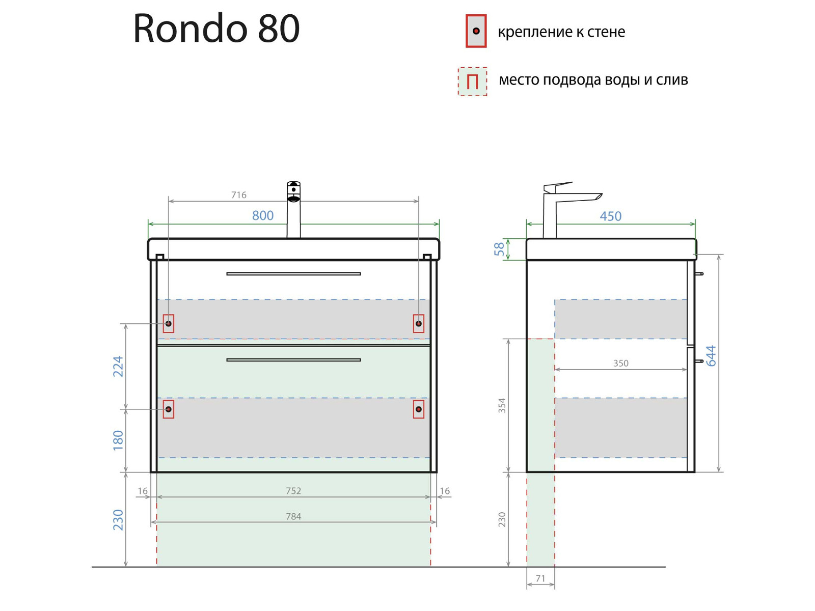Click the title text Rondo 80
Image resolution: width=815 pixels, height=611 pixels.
tap(216, 29)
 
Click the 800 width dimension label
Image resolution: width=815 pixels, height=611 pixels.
tap(263, 216)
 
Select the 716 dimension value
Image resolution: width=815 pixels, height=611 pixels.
tap(238, 195)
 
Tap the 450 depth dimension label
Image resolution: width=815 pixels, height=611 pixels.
tap(610, 216)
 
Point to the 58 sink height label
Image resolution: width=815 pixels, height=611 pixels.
tap(499, 249)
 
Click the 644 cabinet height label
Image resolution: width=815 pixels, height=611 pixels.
tap(711, 356)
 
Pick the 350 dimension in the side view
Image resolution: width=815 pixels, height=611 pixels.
tap(620, 364)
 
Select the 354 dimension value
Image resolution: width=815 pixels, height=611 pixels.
tap(502, 405)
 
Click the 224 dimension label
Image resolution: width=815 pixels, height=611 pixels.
tap(118, 367)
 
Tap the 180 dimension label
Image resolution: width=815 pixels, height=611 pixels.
tap(118, 441)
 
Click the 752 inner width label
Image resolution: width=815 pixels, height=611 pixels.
tap(293, 491)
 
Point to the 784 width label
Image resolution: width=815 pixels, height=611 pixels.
tap(293, 517)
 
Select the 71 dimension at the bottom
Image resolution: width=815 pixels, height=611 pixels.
tap(540, 579)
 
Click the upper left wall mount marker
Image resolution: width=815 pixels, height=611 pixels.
tap(169, 324)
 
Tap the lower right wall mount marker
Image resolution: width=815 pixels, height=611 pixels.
tap(419, 409)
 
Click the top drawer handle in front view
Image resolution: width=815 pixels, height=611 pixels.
tap(293, 274)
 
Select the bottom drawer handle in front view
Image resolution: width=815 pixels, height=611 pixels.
tap(293, 360)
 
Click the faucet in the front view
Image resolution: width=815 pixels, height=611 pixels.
tap(293, 209)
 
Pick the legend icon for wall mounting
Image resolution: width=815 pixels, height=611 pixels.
tap(476, 32)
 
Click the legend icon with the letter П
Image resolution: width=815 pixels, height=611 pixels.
tap(472, 81)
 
